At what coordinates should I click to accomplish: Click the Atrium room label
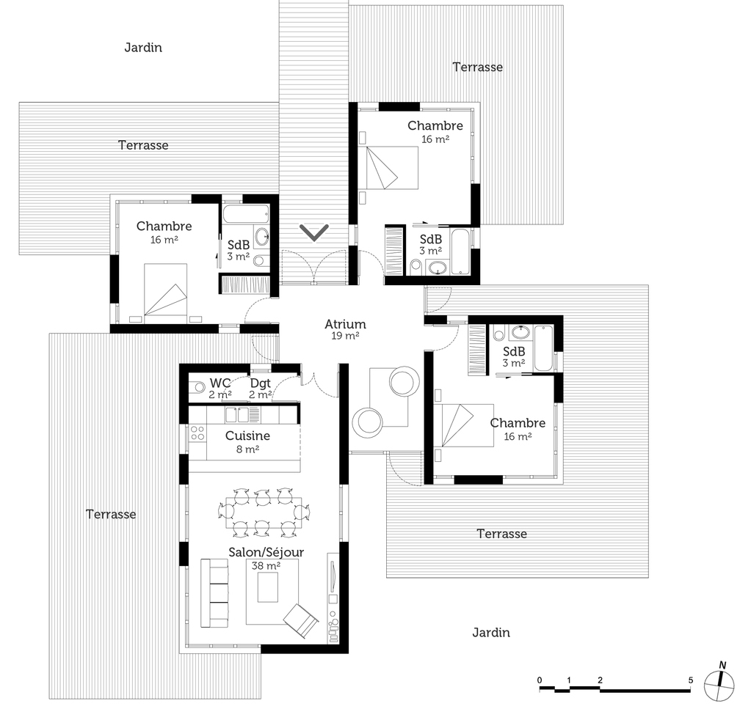345,324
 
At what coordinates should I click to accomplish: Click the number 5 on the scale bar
690,680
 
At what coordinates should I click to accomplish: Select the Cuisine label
247,436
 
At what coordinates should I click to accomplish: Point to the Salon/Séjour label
266,553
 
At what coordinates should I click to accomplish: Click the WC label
220,383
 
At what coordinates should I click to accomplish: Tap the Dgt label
261,383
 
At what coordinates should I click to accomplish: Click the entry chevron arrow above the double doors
315,232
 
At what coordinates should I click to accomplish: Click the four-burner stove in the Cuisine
197,433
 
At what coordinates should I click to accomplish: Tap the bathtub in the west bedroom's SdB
246,214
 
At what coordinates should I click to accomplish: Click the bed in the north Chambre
388,167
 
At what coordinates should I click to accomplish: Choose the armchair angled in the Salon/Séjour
300,621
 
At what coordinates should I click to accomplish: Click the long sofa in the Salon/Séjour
214,592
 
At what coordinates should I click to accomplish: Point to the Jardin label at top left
143,48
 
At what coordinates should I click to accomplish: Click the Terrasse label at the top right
477,67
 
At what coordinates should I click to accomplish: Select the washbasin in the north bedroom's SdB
437,268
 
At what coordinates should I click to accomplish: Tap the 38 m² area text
266,565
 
